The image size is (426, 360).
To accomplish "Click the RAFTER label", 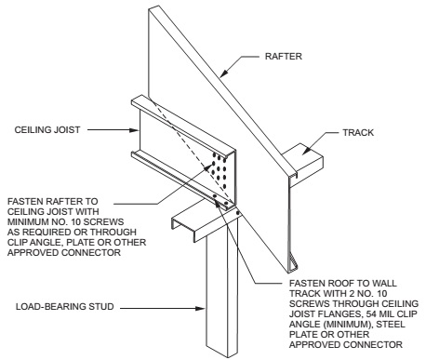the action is [283, 57].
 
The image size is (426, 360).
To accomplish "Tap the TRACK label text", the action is [358, 133].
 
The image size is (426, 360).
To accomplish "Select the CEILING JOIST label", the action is [47, 129].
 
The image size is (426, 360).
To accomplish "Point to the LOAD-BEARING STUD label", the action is [65, 307].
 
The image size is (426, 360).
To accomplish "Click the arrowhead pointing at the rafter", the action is [224, 73].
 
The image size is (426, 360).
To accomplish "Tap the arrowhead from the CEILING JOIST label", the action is [134, 130].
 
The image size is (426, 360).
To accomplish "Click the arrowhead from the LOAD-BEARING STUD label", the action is [200, 309].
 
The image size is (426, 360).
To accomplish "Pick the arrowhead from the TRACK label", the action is [306, 150].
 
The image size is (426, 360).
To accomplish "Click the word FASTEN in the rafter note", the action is [25, 202].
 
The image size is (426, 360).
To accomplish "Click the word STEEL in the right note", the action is [391, 325].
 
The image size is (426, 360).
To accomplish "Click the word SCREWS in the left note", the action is [104, 222].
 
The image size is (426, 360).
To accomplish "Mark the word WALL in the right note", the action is [384, 283].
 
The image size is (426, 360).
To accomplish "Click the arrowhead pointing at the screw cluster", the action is [207, 167].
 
